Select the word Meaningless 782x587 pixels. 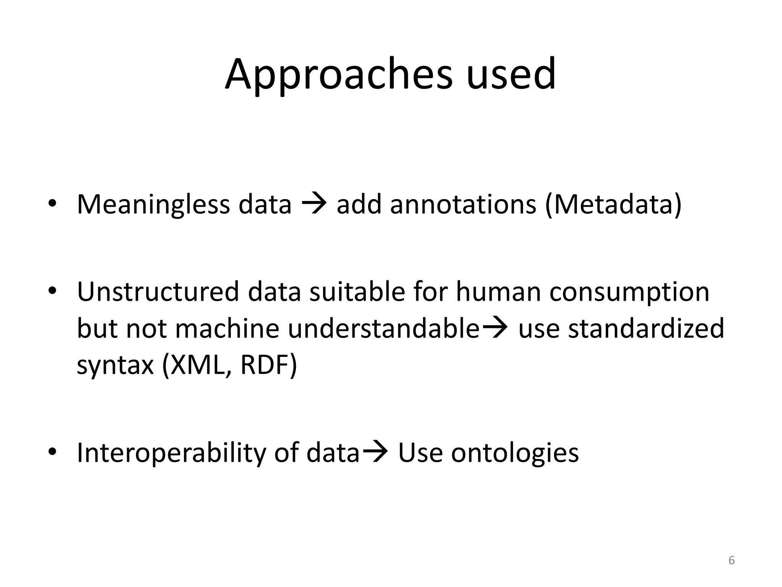pos(153,204)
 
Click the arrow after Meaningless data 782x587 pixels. pos(314,204)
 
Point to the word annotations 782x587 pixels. pos(463,204)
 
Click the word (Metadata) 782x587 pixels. pos(613,204)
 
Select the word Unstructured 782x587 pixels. pos(158,292)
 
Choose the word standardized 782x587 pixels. pos(646,328)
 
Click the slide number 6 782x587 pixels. pos(732,560)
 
